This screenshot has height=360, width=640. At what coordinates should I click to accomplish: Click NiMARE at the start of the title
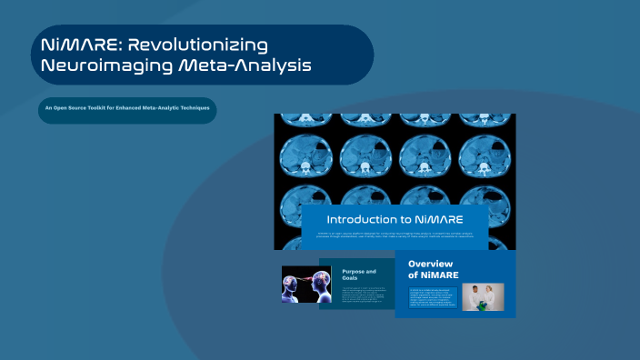point(80,45)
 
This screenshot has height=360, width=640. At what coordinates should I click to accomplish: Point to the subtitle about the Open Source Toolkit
point(127,109)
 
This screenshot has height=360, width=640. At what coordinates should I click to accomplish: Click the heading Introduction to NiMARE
point(395,220)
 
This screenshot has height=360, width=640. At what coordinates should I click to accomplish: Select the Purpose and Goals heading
point(358,275)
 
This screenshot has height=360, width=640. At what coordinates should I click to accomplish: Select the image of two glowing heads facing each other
point(300,284)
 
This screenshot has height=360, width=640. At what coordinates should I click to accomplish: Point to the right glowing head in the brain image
point(308,284)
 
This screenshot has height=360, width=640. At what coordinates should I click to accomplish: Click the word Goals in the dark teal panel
point(352,279)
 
